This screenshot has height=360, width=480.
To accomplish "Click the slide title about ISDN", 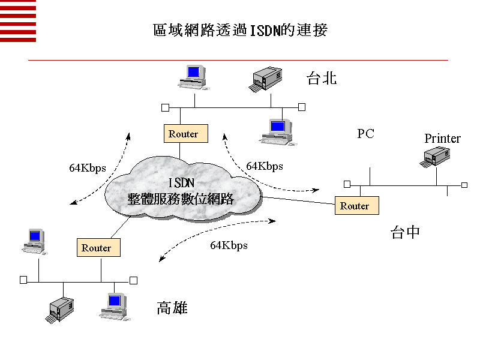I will click(240, 30).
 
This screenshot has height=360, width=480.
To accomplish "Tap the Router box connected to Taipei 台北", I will click(185, 134).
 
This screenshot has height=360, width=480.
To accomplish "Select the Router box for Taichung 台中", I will click(356, 206).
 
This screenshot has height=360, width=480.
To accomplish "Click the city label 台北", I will click(322, 79).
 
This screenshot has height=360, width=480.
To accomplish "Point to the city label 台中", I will click(405, 233).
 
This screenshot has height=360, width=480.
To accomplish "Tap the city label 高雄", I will click(172, 308).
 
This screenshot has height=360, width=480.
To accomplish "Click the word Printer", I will click(442, 139).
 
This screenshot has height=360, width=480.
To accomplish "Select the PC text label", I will click(365, 134).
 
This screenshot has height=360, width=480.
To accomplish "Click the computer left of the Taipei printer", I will click(193, 76).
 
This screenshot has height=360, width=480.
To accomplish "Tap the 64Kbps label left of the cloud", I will click(87, 168).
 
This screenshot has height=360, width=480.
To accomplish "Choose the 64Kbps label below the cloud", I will click(229, 245).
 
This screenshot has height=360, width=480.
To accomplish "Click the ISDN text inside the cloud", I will click(181, 182).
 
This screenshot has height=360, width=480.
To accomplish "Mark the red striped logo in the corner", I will click(18, 21).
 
